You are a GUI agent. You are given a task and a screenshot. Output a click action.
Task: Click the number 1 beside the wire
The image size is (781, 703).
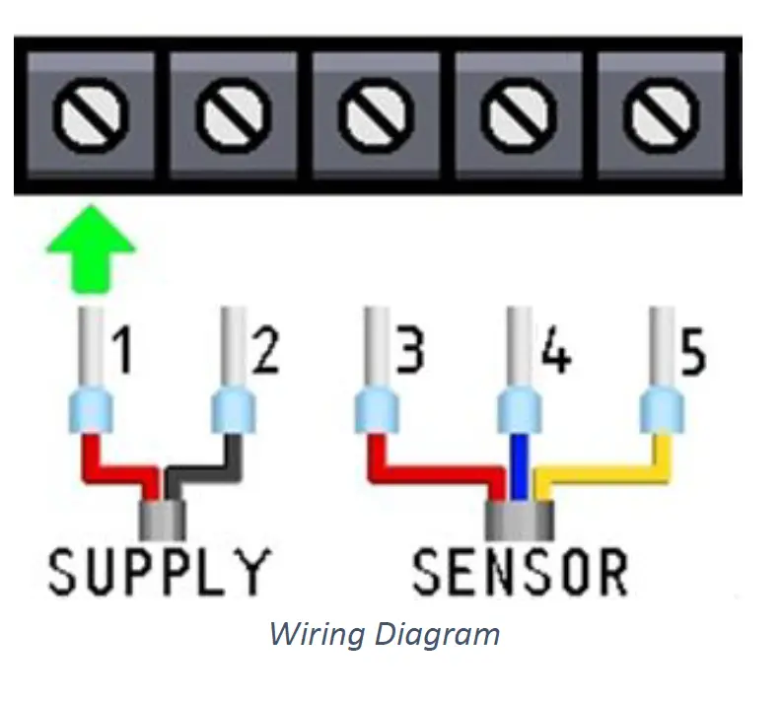pos(122,352)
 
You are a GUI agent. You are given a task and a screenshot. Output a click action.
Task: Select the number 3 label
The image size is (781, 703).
pos(407,352)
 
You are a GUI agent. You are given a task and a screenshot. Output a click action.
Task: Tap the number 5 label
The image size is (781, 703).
pos(693,352)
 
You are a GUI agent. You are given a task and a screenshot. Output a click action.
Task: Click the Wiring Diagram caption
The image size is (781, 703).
pos(385,633)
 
